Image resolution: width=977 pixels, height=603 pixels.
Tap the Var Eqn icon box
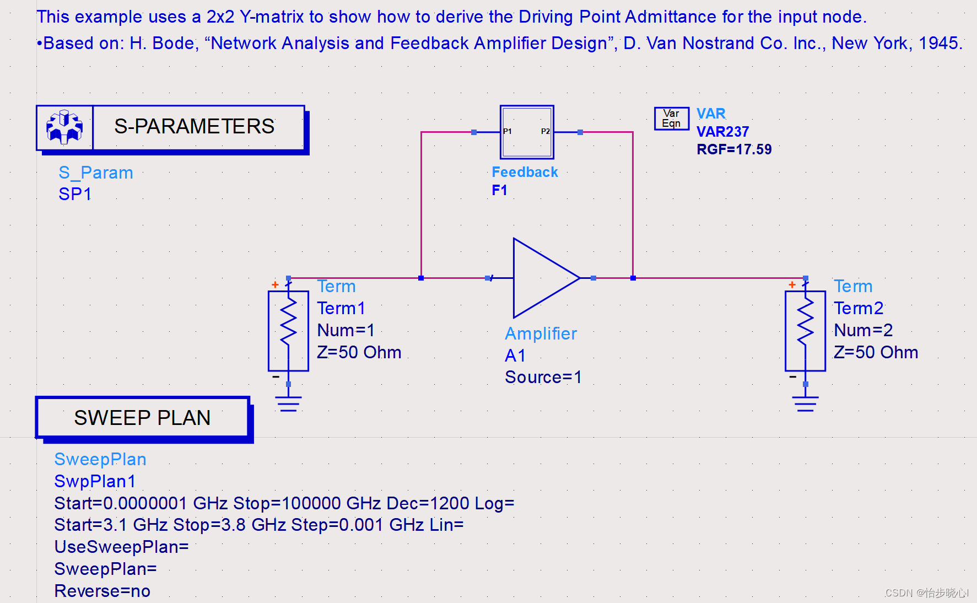click(x=671, y=119)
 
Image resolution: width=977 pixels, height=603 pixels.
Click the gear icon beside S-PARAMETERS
click(x=64, y=127)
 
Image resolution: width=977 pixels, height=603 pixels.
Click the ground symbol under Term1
click(x=288, y=404)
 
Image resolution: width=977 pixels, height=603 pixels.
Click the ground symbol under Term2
click(x=805, y=404)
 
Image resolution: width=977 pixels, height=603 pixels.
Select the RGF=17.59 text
click(x=734, y=149)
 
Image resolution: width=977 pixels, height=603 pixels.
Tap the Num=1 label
click(x=346, y=330)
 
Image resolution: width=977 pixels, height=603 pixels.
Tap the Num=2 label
click(x=863, y=330)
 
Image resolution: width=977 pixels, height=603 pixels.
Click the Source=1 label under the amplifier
click(x=543, y=377)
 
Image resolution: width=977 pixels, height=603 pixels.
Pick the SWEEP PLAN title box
click(x=142, y=418)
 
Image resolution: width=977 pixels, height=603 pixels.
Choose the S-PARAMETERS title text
click(x=194, y=127)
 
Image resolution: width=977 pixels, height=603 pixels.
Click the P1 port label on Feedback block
click(x=508, y=131)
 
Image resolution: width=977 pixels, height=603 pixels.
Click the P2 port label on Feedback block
click(x=545, y=131)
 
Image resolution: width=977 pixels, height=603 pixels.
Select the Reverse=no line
click(x=102, y=591)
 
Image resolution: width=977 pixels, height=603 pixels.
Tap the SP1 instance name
click(x=75, y=194)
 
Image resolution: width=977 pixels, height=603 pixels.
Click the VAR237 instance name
click(x=722, y=132)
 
